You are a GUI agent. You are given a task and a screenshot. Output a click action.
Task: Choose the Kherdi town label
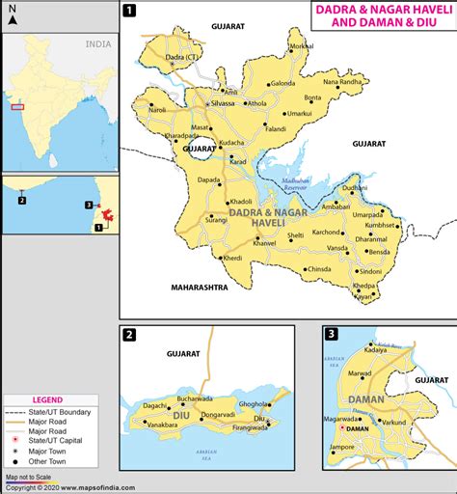click(x=233, y=258)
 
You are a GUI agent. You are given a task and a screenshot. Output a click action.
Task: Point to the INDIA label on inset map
click(x=97, y=44)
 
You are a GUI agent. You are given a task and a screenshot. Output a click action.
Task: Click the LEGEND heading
click(x=48, y=399)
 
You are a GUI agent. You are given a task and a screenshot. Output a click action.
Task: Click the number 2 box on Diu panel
click(x=130, y=335)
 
